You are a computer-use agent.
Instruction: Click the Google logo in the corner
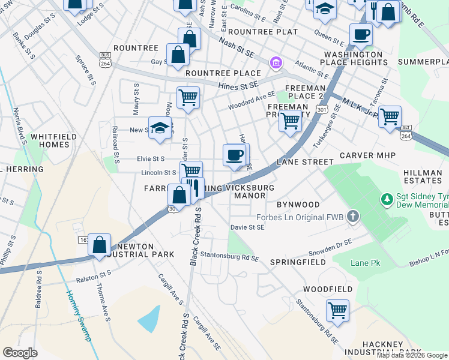20,353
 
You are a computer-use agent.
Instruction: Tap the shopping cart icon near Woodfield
337,311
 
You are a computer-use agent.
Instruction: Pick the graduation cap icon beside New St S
160,128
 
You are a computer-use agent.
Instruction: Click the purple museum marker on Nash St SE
276,62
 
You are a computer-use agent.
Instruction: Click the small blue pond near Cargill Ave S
149,318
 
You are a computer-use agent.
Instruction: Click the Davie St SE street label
247,227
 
